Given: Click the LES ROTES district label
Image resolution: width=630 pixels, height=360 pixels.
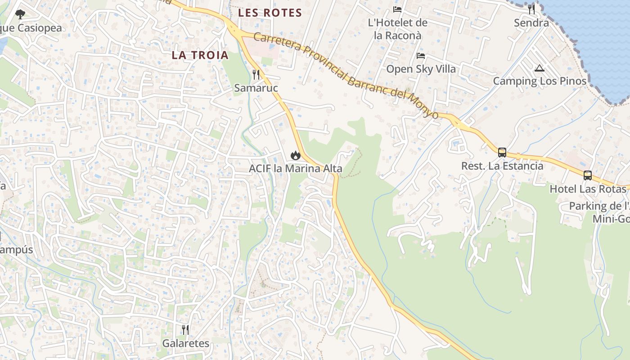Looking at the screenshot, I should [270, 13].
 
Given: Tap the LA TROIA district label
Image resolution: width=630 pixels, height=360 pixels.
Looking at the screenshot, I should [200, 55].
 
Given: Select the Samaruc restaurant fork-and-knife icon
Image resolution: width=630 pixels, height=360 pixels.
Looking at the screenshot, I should [256, 74].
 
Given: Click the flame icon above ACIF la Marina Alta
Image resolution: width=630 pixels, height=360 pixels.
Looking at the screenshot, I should [295, 155].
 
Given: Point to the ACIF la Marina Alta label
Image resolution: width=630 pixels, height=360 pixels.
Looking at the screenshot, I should [296, 169].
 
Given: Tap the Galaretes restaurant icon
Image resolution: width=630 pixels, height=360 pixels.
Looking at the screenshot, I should [185, 330].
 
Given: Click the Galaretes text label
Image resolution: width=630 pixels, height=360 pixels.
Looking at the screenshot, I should [186, 343].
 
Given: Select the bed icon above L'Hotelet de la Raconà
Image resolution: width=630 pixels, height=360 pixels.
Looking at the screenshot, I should [397, 9].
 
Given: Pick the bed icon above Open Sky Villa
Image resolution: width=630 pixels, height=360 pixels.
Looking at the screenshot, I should [421, 56].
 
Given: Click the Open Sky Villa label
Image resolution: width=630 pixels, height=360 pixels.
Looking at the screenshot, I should [421, 69].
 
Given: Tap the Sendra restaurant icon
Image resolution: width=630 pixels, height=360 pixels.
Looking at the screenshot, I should [531, 9].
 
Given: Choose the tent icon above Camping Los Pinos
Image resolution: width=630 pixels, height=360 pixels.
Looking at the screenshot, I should [540, 68].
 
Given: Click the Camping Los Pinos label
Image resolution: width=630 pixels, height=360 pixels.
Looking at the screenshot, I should [540, 81].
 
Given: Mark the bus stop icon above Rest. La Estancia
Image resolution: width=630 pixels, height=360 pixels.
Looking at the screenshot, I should [502, 152].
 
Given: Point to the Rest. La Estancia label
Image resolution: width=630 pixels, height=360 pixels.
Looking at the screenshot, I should [502, 166].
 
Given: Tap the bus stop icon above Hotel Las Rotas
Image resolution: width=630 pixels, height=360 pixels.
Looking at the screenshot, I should [588, 175].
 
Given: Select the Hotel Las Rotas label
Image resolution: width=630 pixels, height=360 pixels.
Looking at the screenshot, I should [588, 189].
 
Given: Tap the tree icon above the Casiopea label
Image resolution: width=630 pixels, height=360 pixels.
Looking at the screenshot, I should [20, 14].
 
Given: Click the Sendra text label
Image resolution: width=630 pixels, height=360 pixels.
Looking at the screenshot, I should [531, 22].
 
